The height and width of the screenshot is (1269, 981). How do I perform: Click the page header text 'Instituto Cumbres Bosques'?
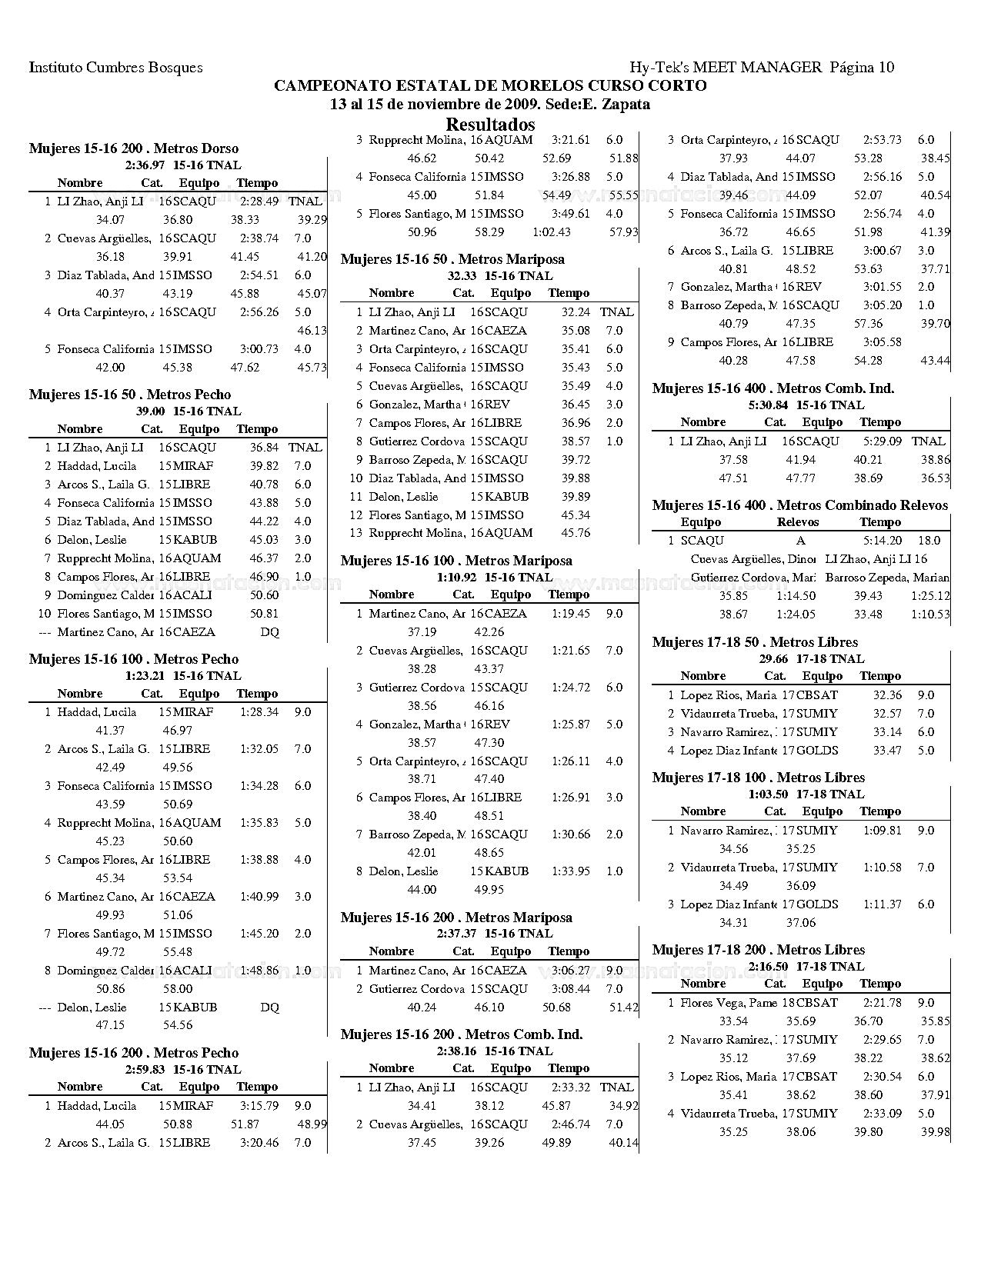tap(115, 68)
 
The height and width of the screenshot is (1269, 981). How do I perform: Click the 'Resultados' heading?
tap(490, 125)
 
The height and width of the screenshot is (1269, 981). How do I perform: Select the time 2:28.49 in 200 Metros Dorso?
tap(259, 202)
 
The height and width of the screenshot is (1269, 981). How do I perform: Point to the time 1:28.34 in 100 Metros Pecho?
tap(259, 712)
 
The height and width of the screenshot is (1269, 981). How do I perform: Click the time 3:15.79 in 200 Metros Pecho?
tap(259, 1106)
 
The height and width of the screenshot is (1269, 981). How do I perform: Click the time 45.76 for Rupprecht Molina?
tap(576, 533)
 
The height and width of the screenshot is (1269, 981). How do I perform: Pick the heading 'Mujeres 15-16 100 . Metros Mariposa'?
tap(456, 561)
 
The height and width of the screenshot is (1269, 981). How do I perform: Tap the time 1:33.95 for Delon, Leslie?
tap(570, 871)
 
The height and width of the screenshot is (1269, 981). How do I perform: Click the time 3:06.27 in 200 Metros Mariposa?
tap(570, 971)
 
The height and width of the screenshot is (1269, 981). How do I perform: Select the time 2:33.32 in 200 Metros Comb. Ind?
tap(570, 1087)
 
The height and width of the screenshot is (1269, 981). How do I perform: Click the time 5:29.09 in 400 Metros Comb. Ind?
tap(882, 441)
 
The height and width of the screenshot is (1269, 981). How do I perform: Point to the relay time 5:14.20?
tap(882, 541)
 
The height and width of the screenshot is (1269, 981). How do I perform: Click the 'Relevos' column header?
tap(798, 522)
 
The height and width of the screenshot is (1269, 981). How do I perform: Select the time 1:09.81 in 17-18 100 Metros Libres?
tap(882, 831)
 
